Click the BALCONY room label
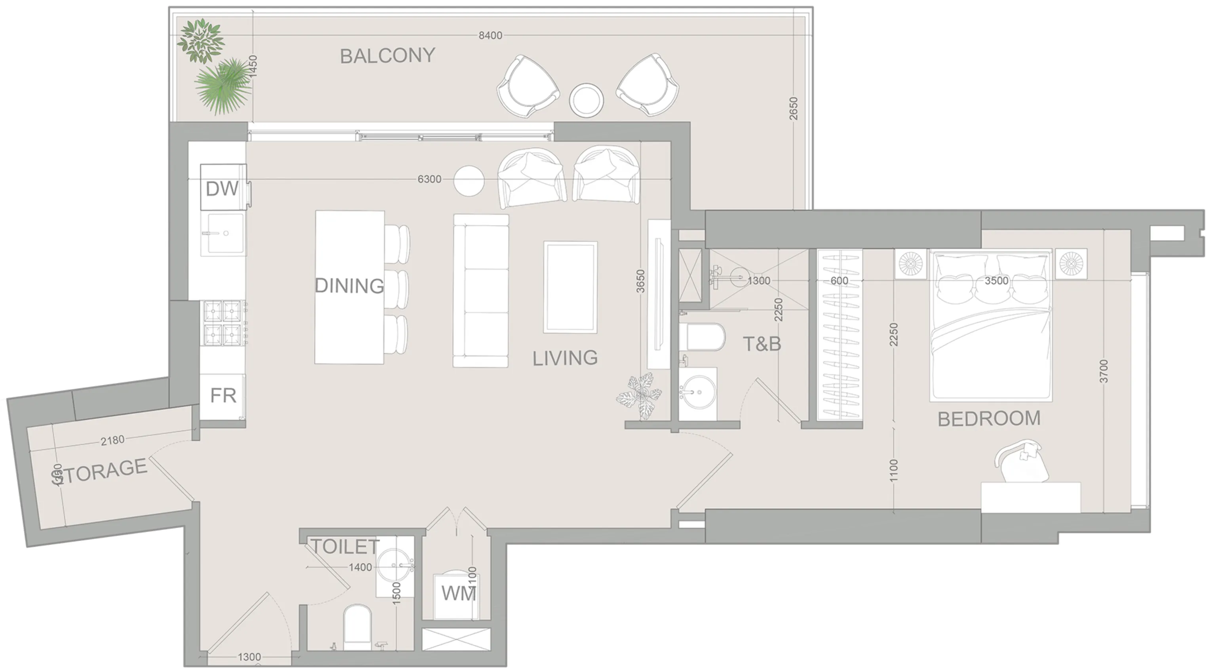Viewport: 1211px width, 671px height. coord(387,55)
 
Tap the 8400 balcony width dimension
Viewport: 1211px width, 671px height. coord(490,35)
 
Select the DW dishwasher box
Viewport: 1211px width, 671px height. coord(223,187)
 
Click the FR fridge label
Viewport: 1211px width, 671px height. coord(223,396)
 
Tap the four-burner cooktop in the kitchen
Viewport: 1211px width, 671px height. coord(223,322)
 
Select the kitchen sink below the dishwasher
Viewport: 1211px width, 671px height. coord(223,234)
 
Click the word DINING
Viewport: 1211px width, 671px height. coord(349,286)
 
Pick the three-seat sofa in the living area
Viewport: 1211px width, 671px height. coord(480,291)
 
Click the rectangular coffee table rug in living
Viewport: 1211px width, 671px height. coord(570,287)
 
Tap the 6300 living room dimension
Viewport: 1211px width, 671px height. coord(429,179)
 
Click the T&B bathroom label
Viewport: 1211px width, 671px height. coord(762,344)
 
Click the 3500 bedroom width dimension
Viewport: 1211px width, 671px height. coord(996,281)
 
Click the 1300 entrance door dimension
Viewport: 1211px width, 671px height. coord(249,657)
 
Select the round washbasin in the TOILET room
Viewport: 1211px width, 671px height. coord(394,565)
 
